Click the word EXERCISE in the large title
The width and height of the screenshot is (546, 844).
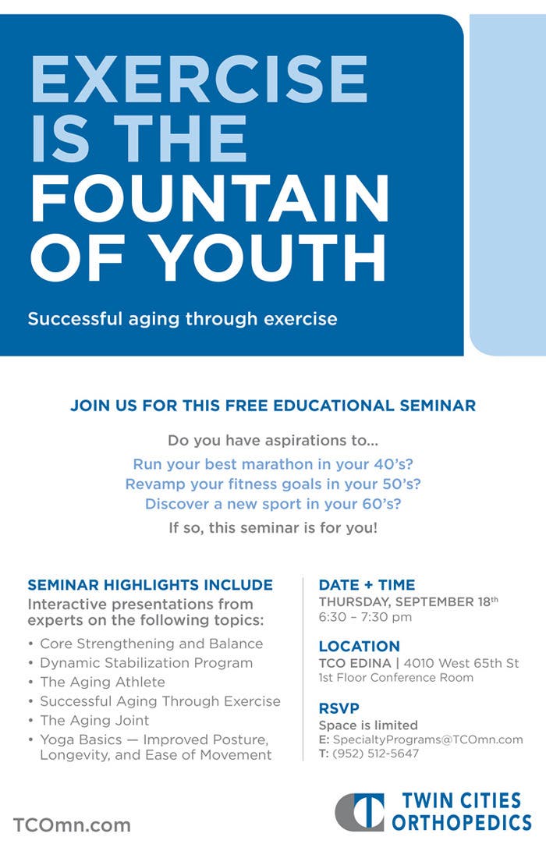[199, 79]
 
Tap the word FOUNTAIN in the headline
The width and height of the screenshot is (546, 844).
[210, 198]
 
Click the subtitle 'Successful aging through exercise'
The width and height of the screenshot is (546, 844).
[183, 319]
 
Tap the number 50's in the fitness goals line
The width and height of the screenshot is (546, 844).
[401, 484]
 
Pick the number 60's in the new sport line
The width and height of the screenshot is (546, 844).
[382, 504]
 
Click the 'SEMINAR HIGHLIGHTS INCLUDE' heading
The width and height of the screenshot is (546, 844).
[151, 584]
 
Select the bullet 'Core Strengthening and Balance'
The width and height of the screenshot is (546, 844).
[151, 644]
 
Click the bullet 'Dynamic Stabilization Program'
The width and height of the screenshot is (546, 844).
[147, 662]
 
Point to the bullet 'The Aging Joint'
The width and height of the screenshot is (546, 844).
[94, 720]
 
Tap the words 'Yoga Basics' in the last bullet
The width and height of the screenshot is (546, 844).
[81, 739]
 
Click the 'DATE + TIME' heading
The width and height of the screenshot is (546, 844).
[367, 584]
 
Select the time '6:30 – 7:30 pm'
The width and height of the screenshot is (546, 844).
[365, 617]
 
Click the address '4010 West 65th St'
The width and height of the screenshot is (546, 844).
[462, 663]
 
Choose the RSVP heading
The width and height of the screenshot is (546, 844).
[339, 708]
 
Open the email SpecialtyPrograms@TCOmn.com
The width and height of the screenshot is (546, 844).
[428, 739]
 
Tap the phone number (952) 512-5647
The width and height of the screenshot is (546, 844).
[376, 754]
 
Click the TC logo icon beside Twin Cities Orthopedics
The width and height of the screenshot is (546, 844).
[360, 812]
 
